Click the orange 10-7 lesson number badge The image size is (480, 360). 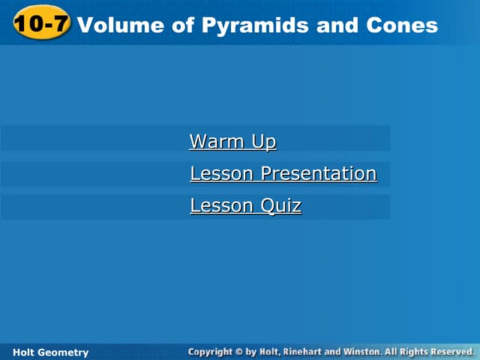tap(42, 24)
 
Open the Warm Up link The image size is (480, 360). tap(232, 141)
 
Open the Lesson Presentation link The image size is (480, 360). tap(283, 173)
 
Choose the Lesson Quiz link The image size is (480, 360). tap(245, 205)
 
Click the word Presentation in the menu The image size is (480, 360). tap(318, 173)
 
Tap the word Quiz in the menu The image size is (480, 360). tap(281, 205)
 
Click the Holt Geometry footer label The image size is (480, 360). tap(51, 352)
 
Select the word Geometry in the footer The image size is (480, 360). tap(64, 352)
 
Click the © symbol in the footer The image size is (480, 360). tap(239, 351)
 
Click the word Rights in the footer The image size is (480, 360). tap(413, 351)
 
